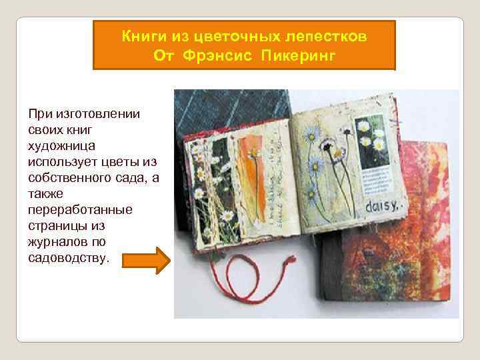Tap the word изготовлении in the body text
pos(88,113)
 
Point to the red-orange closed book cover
pos(400,267)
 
